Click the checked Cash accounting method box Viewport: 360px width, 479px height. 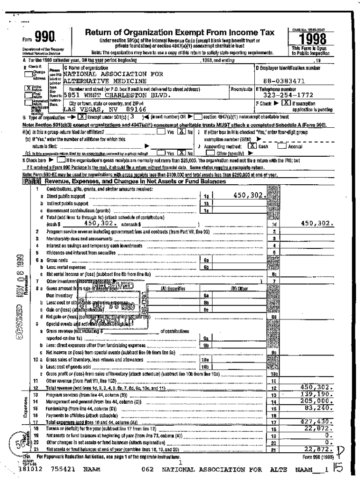click(251, 133)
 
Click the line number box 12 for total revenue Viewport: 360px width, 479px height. click(275, 388)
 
